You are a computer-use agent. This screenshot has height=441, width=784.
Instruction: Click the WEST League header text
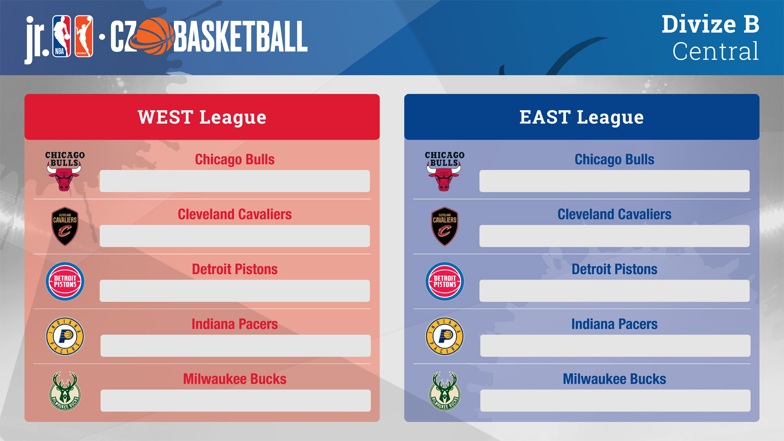pos(202,118)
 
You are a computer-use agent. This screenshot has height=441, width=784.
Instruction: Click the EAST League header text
pos(581,118)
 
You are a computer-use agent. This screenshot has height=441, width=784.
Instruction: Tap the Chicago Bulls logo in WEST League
pos(65,171)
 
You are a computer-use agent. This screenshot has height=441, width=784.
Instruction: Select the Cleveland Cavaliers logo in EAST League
pos(445,226)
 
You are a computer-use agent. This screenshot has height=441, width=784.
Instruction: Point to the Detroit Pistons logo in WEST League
pos(65,281)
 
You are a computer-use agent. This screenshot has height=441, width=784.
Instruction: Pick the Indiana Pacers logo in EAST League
pos(445,336)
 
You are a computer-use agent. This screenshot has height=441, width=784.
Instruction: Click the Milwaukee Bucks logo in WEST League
pos(65,391)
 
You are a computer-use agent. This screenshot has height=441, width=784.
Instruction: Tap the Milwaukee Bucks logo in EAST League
pos(445,391)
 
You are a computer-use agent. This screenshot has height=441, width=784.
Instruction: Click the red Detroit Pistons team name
pos(235,269)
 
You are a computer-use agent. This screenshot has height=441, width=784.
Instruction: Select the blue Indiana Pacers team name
pos(615,324)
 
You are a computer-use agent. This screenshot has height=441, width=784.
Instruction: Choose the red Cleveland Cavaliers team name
pos(235,214)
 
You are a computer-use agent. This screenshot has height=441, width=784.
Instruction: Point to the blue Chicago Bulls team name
pos(615,160)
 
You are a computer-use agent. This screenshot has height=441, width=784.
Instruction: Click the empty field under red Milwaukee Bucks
pos(236,401)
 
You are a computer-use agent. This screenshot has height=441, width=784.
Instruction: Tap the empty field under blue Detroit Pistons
pos(615,291)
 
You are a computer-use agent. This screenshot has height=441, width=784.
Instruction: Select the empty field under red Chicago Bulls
pos(235,181)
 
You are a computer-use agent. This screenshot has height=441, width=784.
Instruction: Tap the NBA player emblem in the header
pos(62,36)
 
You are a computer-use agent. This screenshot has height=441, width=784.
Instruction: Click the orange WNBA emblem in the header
pos(84,36)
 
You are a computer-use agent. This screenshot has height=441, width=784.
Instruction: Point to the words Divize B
pos(710,24)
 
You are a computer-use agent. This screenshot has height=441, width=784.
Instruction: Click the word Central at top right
pos(716,51)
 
